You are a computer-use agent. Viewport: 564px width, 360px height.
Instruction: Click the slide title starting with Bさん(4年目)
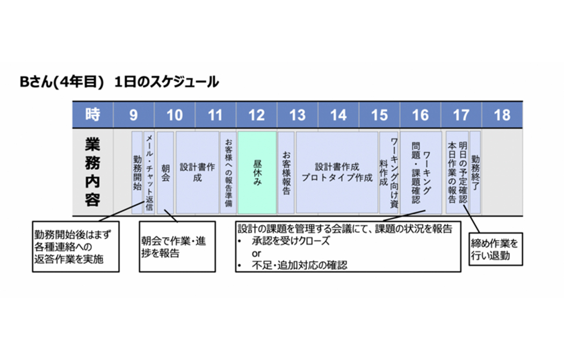pos(119,82)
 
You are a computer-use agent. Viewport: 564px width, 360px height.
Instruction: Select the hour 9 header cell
pos(133,114)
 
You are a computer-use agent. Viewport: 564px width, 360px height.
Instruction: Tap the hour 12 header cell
pos(257,114)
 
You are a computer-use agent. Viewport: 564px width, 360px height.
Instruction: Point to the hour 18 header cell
pos(502,114)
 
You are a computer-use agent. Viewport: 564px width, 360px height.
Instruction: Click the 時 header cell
pos(92,114)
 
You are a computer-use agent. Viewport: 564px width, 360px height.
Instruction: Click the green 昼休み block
pos(257,172)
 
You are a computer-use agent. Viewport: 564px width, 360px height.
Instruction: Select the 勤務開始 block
pos(137,172)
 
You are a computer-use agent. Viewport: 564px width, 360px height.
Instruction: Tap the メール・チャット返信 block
pos(150,172)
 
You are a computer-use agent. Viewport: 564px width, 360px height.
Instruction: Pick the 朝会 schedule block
pos(165,172)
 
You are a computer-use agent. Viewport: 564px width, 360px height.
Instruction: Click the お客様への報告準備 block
pos(228,172)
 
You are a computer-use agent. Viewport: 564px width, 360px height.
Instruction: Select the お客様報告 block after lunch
pos(286,172)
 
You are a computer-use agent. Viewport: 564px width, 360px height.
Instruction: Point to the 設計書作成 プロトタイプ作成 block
pos(337,172)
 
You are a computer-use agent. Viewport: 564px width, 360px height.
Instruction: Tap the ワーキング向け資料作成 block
pos(389,172)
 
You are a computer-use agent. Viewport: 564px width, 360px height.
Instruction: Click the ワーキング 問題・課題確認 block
pos(421,172)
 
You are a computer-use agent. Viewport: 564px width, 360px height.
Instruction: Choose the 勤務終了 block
pos(475,172)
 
